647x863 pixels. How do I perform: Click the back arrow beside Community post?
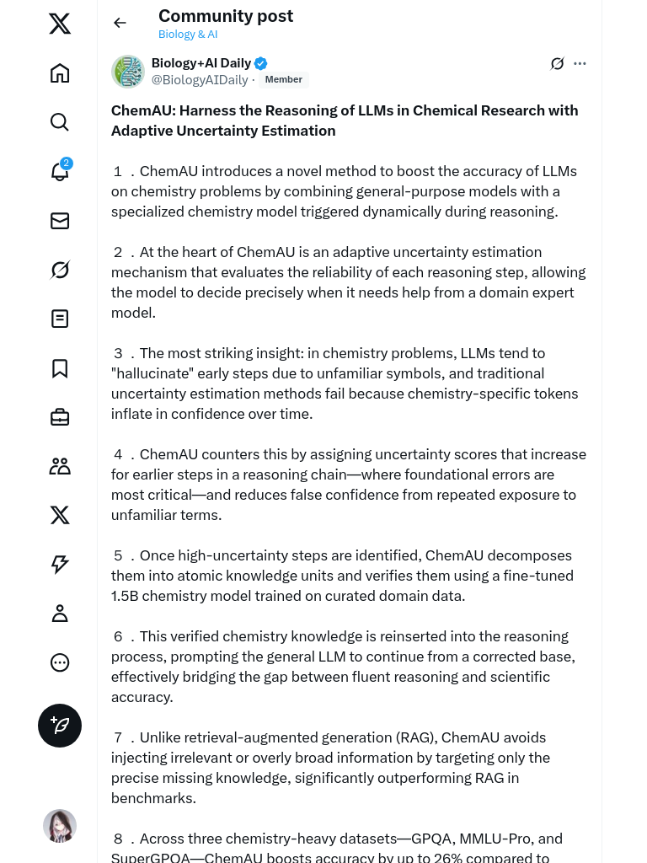click(x=120, y=23)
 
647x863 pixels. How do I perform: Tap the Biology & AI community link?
click(x=188, y=35)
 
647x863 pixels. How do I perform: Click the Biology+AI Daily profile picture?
click(x=128, y=72)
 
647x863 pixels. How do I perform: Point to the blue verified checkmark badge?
click(x=261, y=63)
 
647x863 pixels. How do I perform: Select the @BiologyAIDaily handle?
click(x=200, y=80)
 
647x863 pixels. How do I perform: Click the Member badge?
click(x=283, y=80)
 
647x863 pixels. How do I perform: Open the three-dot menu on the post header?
click(x=580, y=63)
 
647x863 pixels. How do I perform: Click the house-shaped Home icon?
click(x=60, y=73)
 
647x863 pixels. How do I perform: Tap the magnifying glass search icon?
click(x=60, y=122)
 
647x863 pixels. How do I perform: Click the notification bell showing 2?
click(x=60, y=171)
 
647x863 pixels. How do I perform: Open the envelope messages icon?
click(x=60, y=221)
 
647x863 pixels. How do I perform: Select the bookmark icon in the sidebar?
click(x=60, y=368)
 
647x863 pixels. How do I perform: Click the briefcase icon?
click(x=60, y=417)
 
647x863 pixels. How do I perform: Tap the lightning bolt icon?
click(x=60, y=565)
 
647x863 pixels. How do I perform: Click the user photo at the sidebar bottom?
click(x=60, y=826)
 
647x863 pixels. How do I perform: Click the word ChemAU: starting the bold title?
click(x=143, y=110)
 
